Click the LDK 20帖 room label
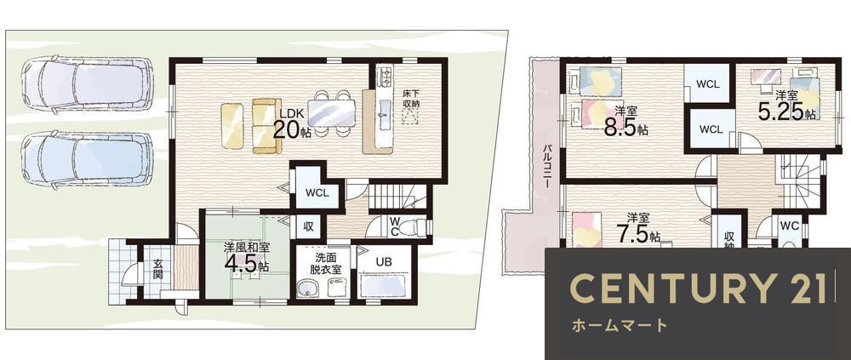pos(292,124)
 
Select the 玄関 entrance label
pos(157,269)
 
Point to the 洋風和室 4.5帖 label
pos(248,256)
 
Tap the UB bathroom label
pos(384,262)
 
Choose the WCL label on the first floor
pos(317,192)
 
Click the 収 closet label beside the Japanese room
pos(308,227)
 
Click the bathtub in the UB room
pos(382,285)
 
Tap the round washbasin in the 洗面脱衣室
pos(309,288)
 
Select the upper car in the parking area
pos(87,84)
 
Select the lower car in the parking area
pos(87,160)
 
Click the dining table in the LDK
pos(331,113)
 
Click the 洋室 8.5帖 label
pos(625,121)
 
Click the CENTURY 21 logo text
pos(700,288)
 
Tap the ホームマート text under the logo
pos(619,326)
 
